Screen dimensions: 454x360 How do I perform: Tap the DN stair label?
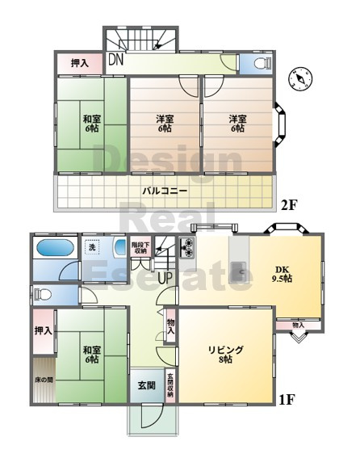pos(115,60)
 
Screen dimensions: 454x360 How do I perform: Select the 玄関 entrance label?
pos(146,385)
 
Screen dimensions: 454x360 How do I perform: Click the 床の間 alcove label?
pos(44,380)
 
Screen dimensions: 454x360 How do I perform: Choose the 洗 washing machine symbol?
pos(92,247)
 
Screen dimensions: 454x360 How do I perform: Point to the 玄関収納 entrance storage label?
pos(170,385)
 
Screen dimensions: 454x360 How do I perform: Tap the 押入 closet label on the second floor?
pos(79,63)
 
